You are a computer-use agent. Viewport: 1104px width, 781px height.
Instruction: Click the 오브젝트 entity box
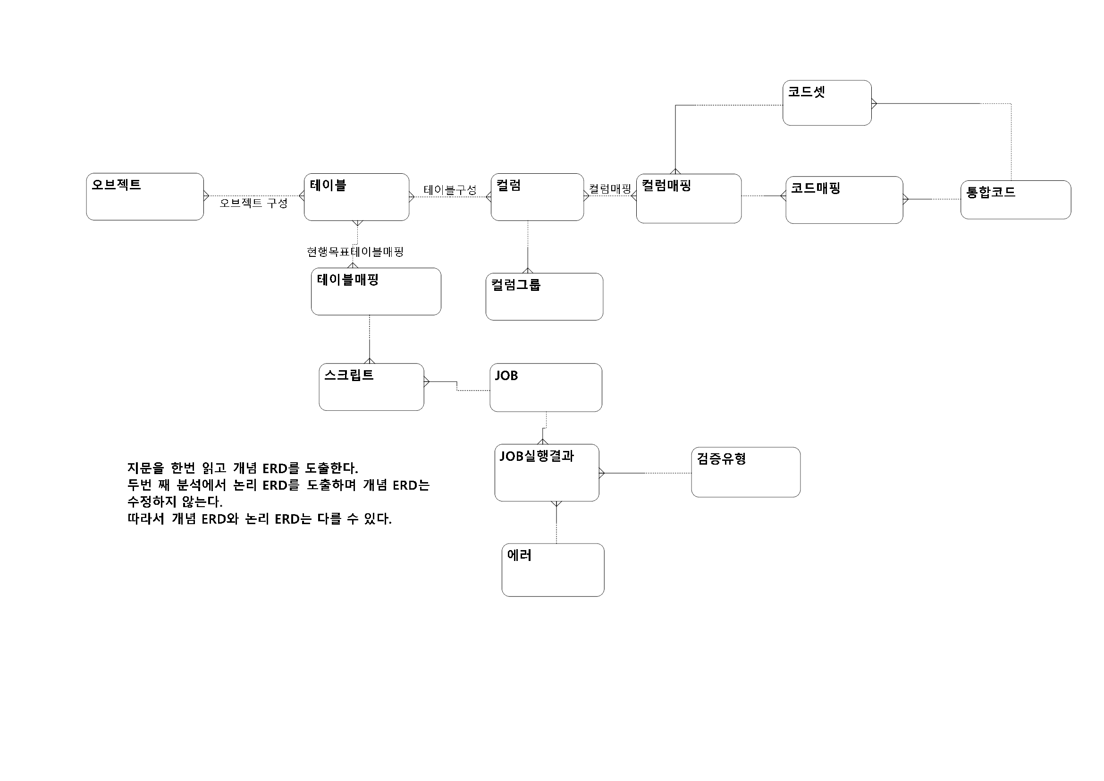point(145,197)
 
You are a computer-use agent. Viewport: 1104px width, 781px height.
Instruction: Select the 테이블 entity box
point(356,197)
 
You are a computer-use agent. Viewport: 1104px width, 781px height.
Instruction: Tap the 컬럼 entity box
point(537,197)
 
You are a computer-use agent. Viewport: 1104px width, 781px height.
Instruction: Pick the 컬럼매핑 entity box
point(689,199)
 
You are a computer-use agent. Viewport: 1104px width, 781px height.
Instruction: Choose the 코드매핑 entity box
point(844,200)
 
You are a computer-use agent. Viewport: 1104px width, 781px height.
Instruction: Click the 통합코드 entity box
point(1016,200)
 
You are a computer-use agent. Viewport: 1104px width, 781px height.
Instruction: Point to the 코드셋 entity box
point(826,103)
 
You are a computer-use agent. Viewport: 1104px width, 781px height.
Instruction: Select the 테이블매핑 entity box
point(376,291)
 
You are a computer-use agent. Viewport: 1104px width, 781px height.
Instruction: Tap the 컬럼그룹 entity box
point(544,297)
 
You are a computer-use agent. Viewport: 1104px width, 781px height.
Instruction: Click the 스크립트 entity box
point(371,387)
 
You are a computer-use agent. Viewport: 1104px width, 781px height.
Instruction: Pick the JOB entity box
point(546,388)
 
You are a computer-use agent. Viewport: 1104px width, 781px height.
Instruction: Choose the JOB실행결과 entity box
point(547,473)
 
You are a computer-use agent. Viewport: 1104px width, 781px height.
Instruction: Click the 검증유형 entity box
point(746,472)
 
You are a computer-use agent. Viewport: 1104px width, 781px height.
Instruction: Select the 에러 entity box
point(553,570)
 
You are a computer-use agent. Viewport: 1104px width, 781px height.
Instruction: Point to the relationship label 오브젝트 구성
point(253,203)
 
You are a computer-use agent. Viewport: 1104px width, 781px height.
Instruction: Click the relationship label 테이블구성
point(450,190)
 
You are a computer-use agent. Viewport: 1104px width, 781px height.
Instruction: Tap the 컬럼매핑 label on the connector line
point(610,188)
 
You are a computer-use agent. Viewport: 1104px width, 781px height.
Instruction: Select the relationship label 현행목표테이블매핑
point(355,252)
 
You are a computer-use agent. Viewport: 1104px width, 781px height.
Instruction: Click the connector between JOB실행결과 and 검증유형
point(645,473)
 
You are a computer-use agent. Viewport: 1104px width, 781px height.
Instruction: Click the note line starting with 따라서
point(259,519)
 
